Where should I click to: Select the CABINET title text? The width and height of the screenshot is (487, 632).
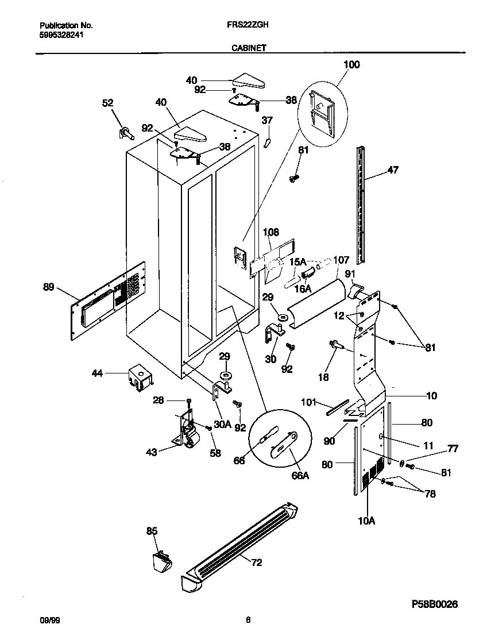point(248,49)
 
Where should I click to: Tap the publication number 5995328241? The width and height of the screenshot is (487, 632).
point(61,34)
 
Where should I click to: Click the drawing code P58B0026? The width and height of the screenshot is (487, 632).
point(435,604)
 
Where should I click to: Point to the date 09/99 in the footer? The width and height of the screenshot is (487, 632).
point(47,620)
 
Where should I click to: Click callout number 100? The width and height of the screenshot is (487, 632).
point(351,65)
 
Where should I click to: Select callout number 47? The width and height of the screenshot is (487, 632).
point(393,169)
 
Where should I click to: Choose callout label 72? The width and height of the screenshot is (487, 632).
point(256,562)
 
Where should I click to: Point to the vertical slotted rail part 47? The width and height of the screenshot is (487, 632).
point(361,195)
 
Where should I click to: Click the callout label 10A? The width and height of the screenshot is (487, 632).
point(366,521)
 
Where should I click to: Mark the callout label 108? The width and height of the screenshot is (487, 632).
point(270,232)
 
